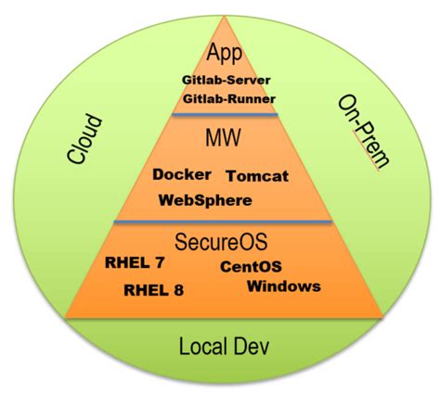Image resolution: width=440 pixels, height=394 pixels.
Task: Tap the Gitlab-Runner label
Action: pyautogui.click(x=228, y=98)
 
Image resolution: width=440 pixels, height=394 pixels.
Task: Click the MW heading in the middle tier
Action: pyautogui.click(x=224, y=140)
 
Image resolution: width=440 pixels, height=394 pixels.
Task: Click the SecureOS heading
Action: pyautogui.click(x=223, y=242)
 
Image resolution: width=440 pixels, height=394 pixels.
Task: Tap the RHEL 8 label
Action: pyautogui.click(x=153, y=289)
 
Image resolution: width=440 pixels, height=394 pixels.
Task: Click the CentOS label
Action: pyautogui.click(x=251, y=267)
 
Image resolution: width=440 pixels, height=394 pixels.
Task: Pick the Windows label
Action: pyautogui.click(x=284, y=286)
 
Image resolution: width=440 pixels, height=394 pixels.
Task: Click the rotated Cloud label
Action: pyautogui.click(x=84, y=138)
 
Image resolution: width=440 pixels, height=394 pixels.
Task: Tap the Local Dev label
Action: pyautogui.click(x=223, y=347)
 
